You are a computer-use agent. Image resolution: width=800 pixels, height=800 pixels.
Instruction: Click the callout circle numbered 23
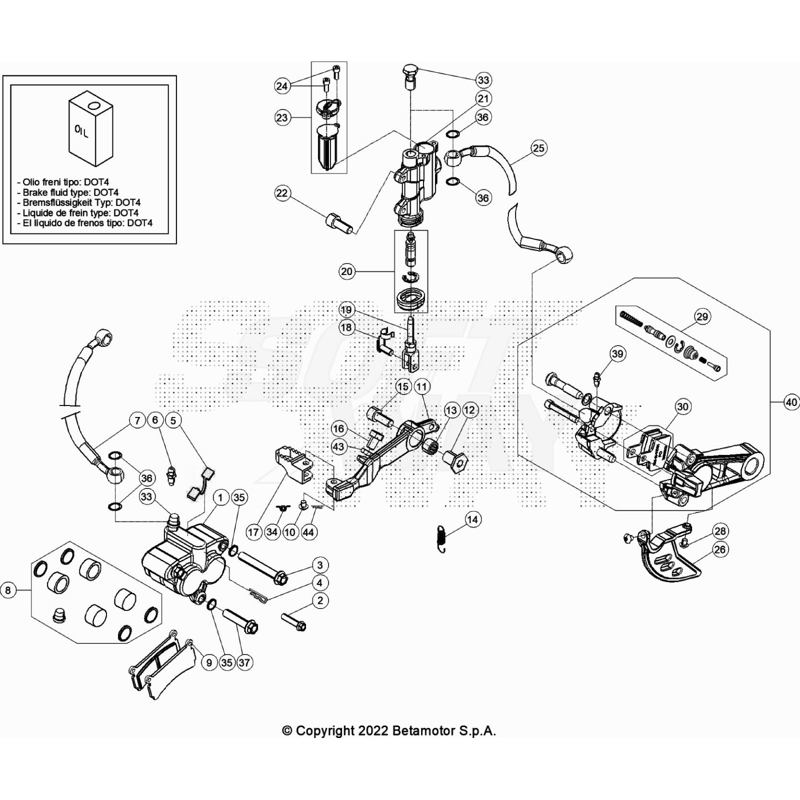(282, 117)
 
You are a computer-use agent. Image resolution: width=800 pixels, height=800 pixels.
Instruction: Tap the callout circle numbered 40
(791, 402)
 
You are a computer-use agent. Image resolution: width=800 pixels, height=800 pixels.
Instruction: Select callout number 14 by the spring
(472, 519)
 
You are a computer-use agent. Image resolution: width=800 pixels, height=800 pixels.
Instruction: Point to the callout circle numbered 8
(8, 590)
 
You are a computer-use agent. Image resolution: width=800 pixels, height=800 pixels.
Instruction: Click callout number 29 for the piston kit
(702, 316)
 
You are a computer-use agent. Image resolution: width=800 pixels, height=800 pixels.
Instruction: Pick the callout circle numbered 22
(282, 193)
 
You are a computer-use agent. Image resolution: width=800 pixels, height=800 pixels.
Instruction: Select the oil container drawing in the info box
(90, 128)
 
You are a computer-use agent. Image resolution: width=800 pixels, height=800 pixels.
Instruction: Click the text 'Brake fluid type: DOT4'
(70, 192)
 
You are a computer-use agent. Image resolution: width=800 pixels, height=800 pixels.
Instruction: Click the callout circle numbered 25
(538, 148)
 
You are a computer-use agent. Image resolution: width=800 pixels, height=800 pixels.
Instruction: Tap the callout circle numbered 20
(346, 271)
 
